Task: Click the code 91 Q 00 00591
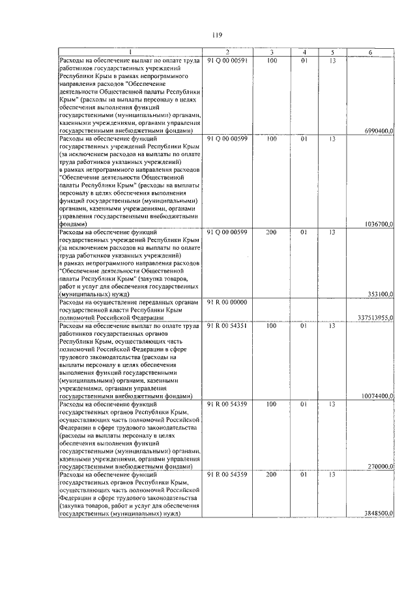227,61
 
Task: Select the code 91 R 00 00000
227,303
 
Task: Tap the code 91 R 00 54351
227,326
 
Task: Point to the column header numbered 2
227,52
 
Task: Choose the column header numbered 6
370,52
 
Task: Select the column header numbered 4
304,52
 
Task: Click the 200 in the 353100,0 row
272,232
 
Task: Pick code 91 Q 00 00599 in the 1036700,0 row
227,139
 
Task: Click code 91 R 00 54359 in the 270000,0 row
227,404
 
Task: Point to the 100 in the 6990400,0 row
272,61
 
